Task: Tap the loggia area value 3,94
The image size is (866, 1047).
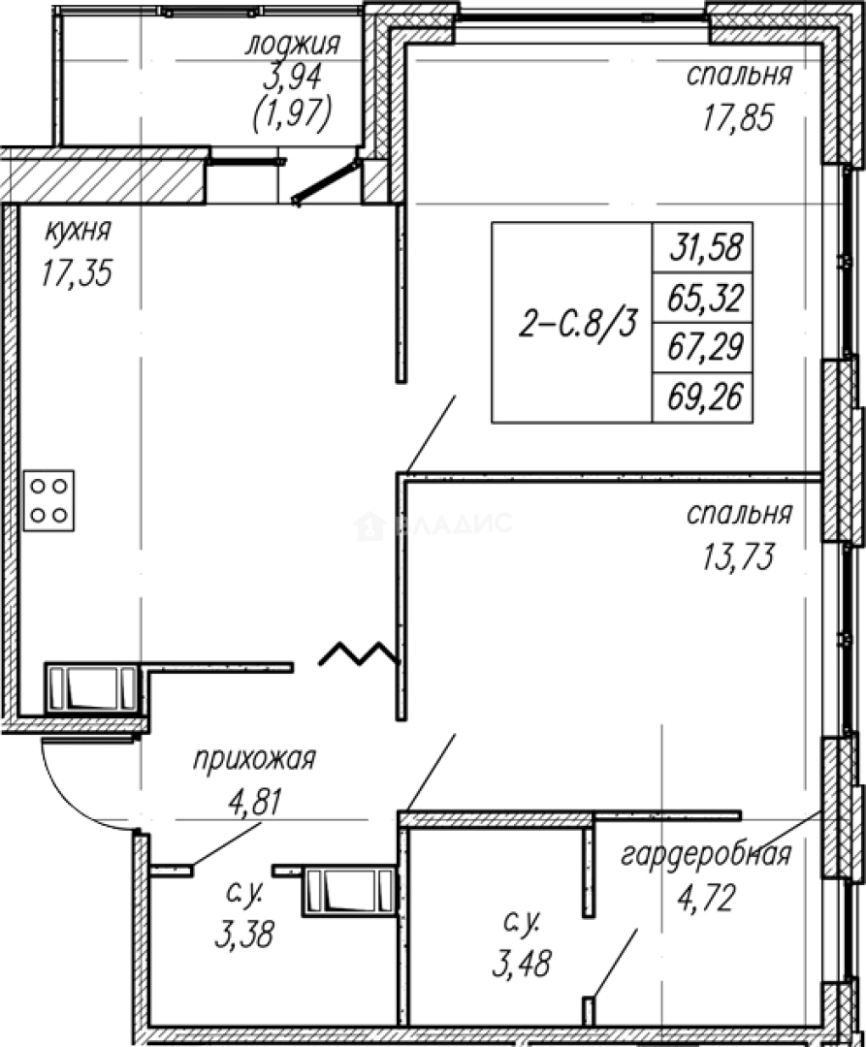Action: coord(293,79)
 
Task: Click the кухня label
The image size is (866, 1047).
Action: coord(78,233)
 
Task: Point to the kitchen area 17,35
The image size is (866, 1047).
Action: coord(77,273)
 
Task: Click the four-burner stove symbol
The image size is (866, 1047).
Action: coord(48,501)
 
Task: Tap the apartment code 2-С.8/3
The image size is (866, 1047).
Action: coord(578,325)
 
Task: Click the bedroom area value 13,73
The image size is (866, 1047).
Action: coord(738,556)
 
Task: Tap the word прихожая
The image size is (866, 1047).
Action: coord(254,760)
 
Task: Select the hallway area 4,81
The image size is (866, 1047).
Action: coord(256,802)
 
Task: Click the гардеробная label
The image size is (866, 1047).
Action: coord(706,855)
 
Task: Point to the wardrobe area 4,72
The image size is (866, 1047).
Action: coord(706,898)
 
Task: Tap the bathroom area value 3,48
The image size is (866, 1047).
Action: coord(522,964)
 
